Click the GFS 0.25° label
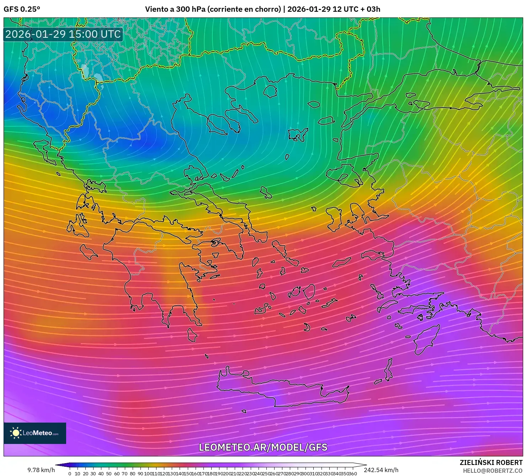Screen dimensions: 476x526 22,9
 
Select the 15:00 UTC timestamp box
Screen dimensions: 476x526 63,34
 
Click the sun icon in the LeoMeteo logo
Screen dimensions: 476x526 16,433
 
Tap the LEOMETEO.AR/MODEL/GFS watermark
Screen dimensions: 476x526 263,447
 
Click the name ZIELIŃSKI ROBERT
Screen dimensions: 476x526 491,462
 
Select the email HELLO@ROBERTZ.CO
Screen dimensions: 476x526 492,471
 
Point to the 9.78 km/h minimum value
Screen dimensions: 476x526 41,470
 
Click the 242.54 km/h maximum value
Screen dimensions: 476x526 381,470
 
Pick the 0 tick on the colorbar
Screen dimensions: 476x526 70,474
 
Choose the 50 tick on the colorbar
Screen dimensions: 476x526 109,474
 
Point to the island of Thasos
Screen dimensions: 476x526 270,91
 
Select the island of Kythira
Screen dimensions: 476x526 192,335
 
